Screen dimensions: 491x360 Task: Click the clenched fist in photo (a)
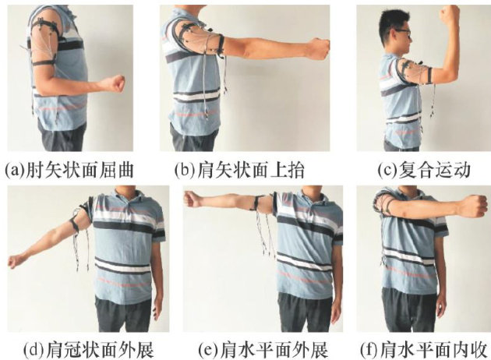(115, 83)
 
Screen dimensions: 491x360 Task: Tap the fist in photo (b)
(319, 48)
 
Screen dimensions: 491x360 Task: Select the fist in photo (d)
(15, 261)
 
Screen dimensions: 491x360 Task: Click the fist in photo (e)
(192, 199)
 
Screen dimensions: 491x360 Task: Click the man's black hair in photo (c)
(391, 20)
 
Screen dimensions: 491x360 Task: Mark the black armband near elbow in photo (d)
(75, 224)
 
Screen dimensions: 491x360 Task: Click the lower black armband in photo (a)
(44, 63)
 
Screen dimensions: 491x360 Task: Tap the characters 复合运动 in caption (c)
(434, 171)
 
